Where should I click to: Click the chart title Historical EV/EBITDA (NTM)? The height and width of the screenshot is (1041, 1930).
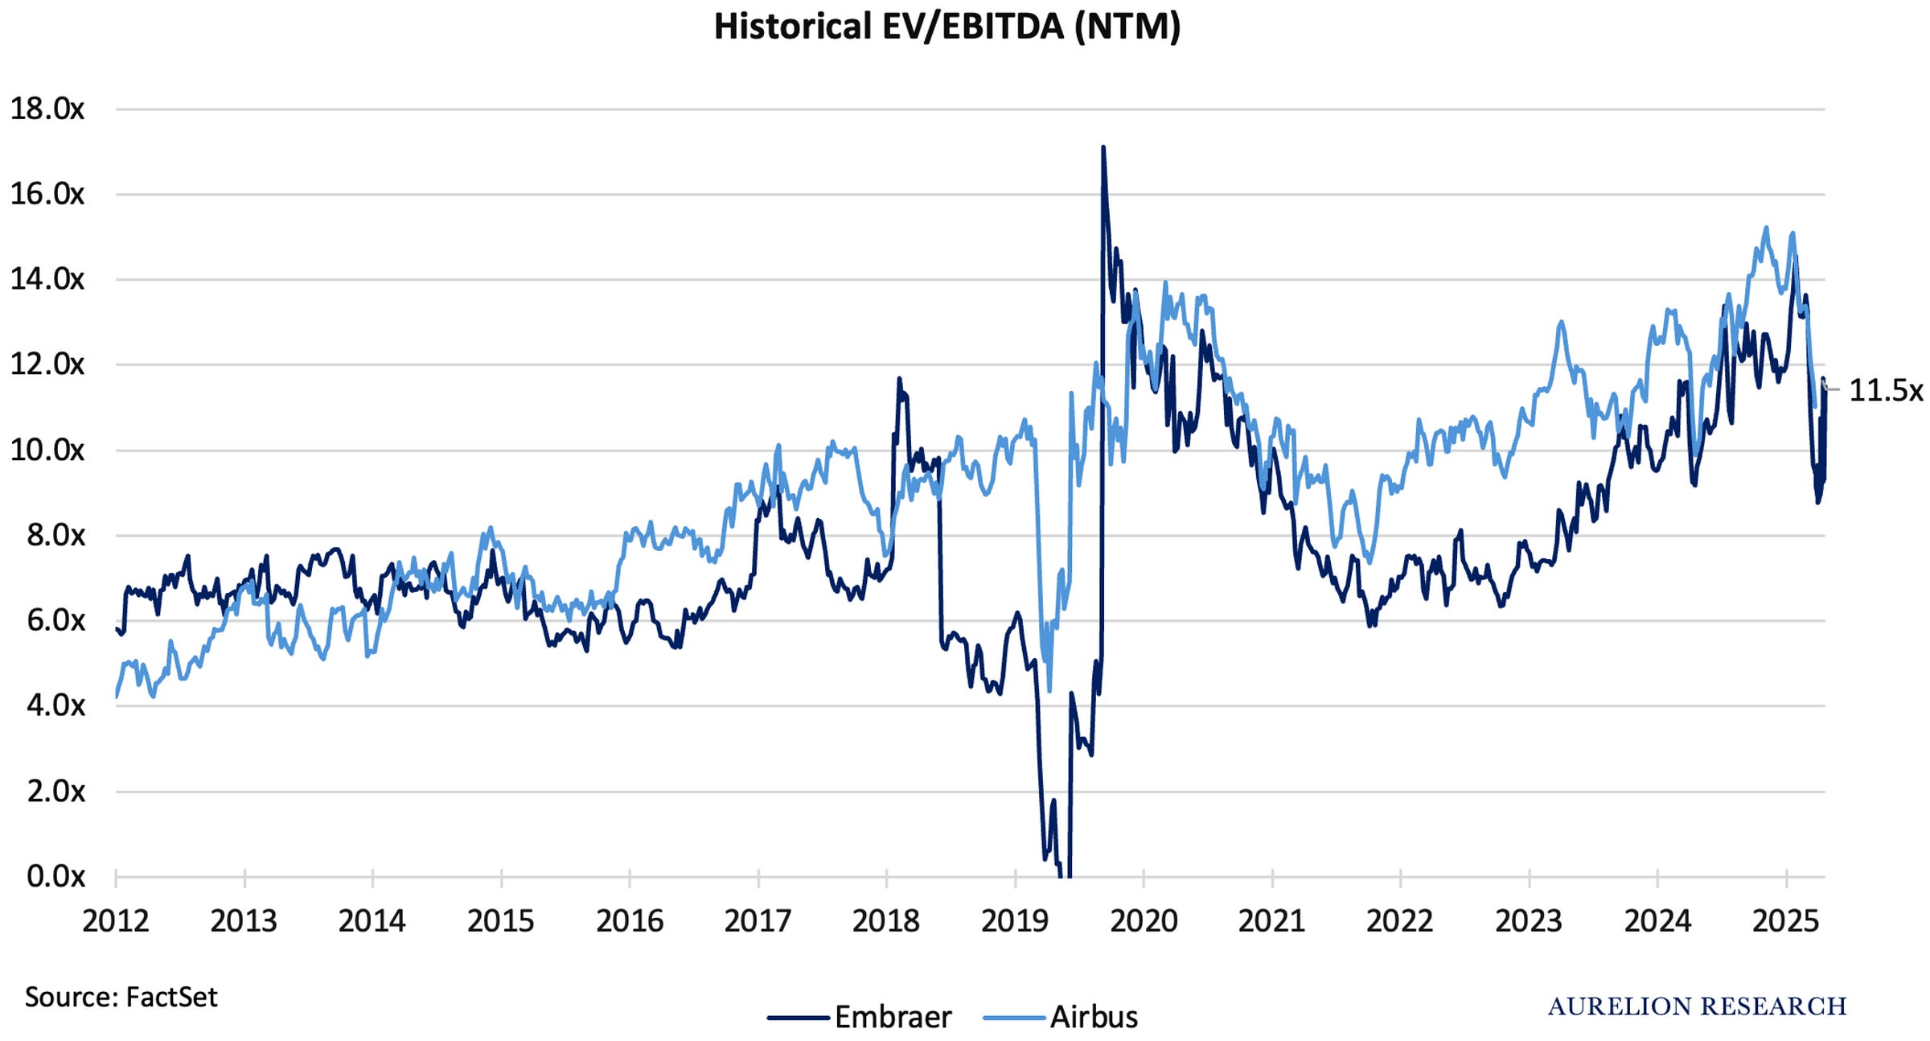947,27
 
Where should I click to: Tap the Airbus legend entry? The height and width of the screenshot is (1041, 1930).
1060,1017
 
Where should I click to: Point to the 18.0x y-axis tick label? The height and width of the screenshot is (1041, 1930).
47,109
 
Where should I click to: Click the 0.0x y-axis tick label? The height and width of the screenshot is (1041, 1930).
55,876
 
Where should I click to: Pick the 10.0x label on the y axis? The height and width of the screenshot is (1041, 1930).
47,450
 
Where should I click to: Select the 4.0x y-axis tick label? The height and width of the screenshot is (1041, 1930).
55,706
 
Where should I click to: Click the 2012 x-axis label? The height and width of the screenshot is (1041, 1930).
116,920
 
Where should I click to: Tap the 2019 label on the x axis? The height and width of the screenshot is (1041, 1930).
1015,920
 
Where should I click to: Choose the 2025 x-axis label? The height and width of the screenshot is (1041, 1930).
1786,920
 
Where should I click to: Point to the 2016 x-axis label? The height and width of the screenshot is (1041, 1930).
630,920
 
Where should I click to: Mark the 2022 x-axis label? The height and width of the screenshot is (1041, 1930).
1400,920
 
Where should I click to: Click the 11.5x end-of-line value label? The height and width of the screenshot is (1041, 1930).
1886,390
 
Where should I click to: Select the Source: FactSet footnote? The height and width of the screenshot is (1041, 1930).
121,998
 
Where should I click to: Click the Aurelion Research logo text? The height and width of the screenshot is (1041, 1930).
1697,1006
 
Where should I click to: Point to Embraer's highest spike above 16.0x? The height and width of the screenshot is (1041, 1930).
1103,147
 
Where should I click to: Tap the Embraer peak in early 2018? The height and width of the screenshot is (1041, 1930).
899,378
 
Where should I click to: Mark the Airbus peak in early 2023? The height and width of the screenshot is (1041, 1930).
1561,322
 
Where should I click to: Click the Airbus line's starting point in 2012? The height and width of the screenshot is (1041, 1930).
117,697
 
